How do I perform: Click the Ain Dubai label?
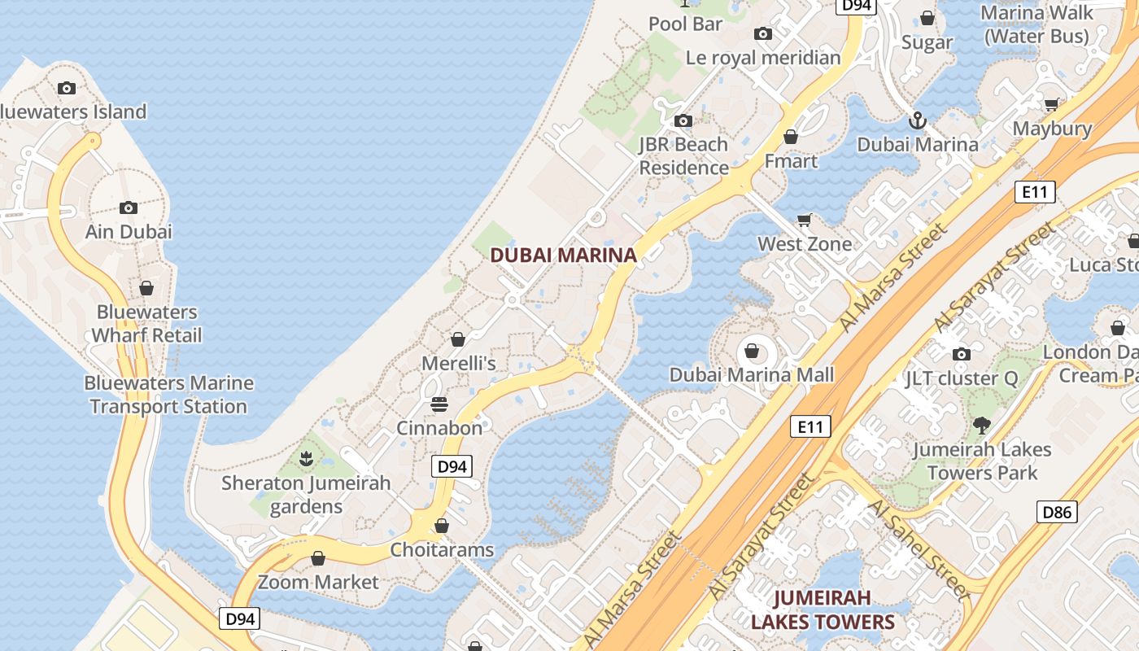[x=129, y=231]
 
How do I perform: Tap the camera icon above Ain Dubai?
[x=129, y=208]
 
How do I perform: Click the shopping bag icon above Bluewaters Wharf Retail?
[x=146, y=288]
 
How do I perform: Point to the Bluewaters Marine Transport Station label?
[x=168, y=395]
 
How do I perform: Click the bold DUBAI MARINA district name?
[x=563, y=256]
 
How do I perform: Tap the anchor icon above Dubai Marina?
[x=918, y=121]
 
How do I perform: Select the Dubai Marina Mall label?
[x=752, y=374]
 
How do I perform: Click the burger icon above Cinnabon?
[x=439, y=404]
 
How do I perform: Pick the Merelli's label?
[x=458, y=363]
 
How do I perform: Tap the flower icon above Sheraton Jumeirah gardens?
[x=306, y=459]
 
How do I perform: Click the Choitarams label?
[x=442, y=549]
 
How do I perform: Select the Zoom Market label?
[x=318, y=582]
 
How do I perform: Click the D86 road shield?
[x=1057, y=512]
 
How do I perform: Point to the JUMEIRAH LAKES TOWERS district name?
[x=823, y=610]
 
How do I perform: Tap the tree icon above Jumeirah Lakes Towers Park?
[x=982, y=425]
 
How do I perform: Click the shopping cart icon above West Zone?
[x=805, y=220]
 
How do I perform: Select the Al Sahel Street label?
[x=919, y=550]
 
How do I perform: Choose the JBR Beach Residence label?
[x=683, y=156]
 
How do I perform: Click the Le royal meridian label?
[x=763, y=58]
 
